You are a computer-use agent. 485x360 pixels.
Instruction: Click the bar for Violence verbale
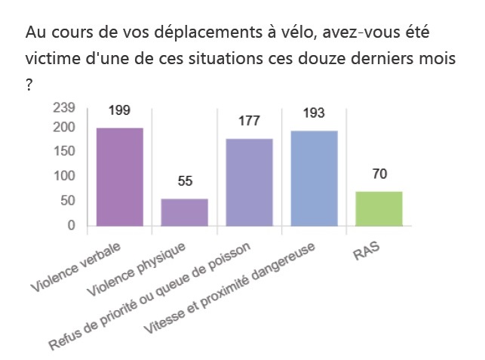point(120,177)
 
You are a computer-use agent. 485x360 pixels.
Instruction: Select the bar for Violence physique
point(185,212)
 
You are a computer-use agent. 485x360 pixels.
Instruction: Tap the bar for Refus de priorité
point(250,182)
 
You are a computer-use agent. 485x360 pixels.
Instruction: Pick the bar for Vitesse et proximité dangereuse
point(314,178)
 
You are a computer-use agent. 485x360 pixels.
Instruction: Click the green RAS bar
point(379,208)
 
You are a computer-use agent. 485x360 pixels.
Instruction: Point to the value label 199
point(119,111)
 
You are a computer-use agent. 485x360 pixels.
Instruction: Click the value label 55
point(185,181)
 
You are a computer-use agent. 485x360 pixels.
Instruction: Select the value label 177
point(250,122)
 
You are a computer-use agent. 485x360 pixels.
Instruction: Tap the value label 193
point(314,114)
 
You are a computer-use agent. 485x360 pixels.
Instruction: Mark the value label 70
point(379,174)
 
